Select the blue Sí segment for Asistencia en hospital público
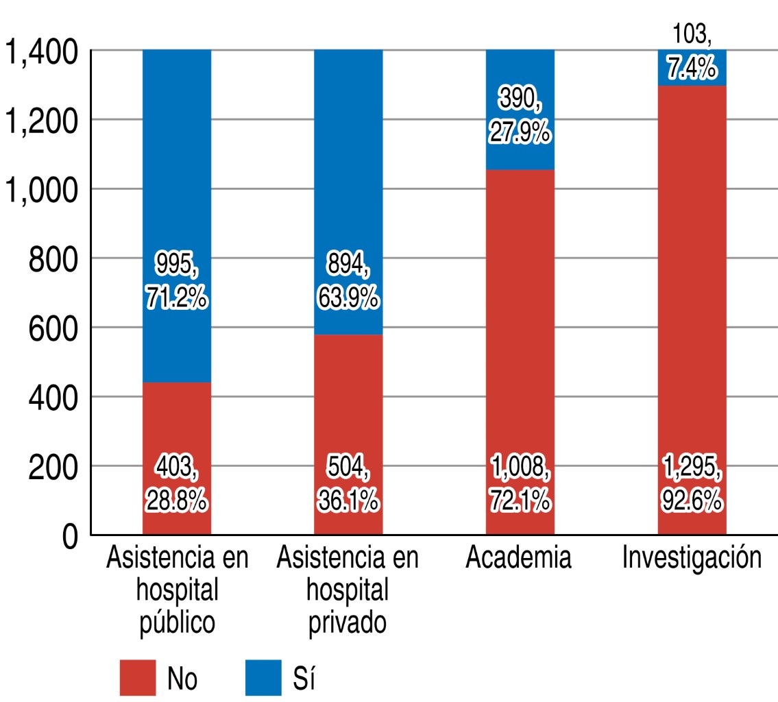point(176,171)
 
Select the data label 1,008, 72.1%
point(520,487)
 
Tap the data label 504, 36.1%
point(348,487)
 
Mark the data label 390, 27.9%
point(520,117)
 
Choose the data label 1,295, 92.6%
point(692,487)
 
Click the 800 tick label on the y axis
point(51,259)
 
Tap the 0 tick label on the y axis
point(70,537)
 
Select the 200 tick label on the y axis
point(51,468)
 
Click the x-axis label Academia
point(518,558)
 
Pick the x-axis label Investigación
point(692,559)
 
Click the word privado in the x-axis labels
point(348,623)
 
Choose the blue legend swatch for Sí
point(263,677)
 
